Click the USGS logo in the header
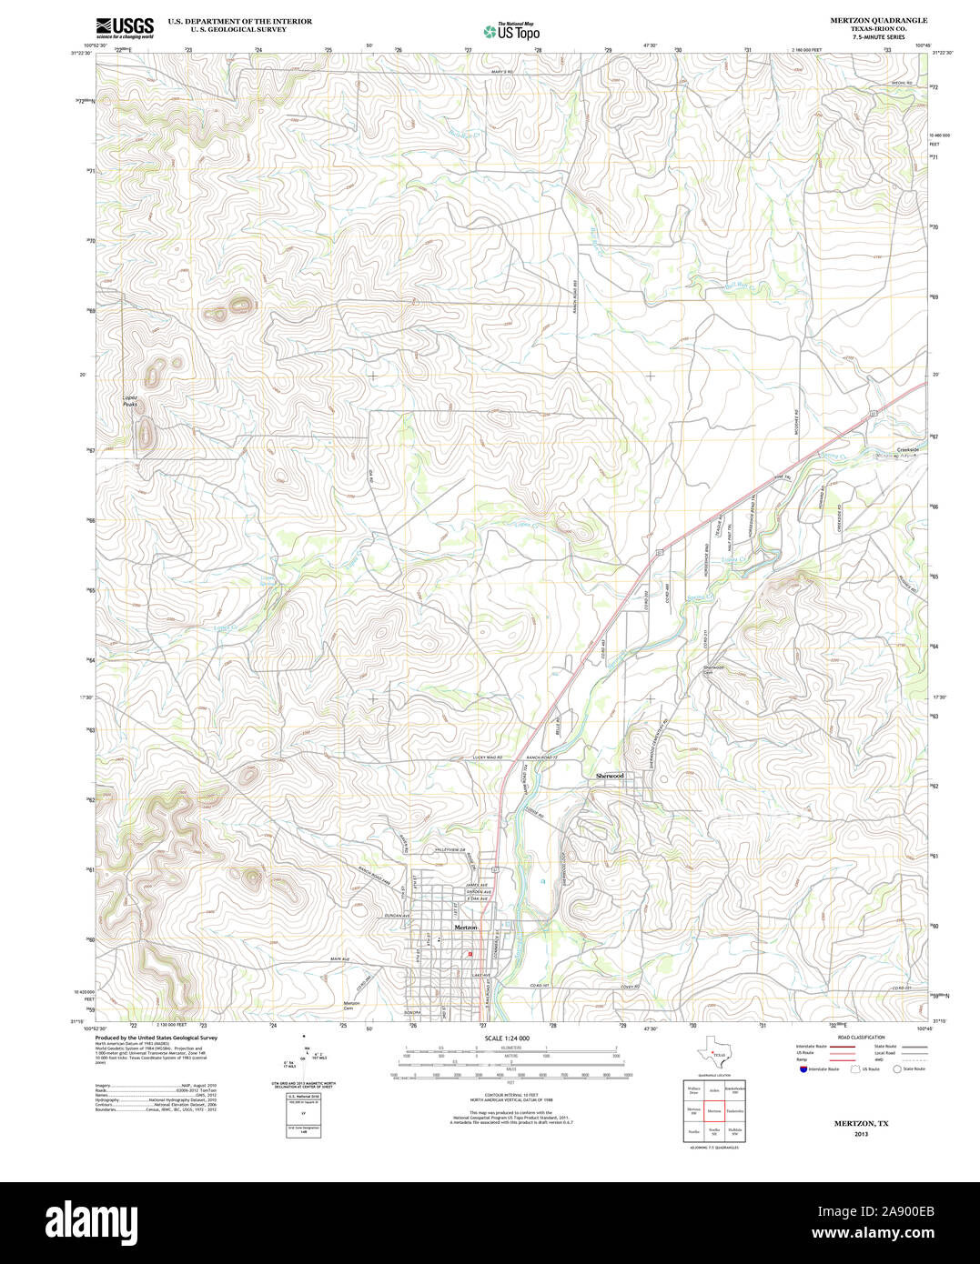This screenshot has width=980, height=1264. coord(126,27)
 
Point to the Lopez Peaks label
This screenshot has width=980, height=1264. coord(131,401)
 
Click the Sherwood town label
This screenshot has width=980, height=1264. coord(610,776)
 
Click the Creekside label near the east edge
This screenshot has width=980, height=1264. coord(907,450)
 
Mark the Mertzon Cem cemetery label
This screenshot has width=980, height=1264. coord(353,1006)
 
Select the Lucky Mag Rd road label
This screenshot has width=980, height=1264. coord(488,757)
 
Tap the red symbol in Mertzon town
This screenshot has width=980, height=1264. coord(470,954)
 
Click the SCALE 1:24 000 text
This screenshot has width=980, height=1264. coord(507,1038)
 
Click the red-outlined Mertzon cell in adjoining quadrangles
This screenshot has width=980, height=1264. coord(714,1111)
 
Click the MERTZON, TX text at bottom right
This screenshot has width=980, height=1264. coord(861,1124)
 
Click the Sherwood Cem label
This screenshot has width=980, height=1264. coord(712,669)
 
